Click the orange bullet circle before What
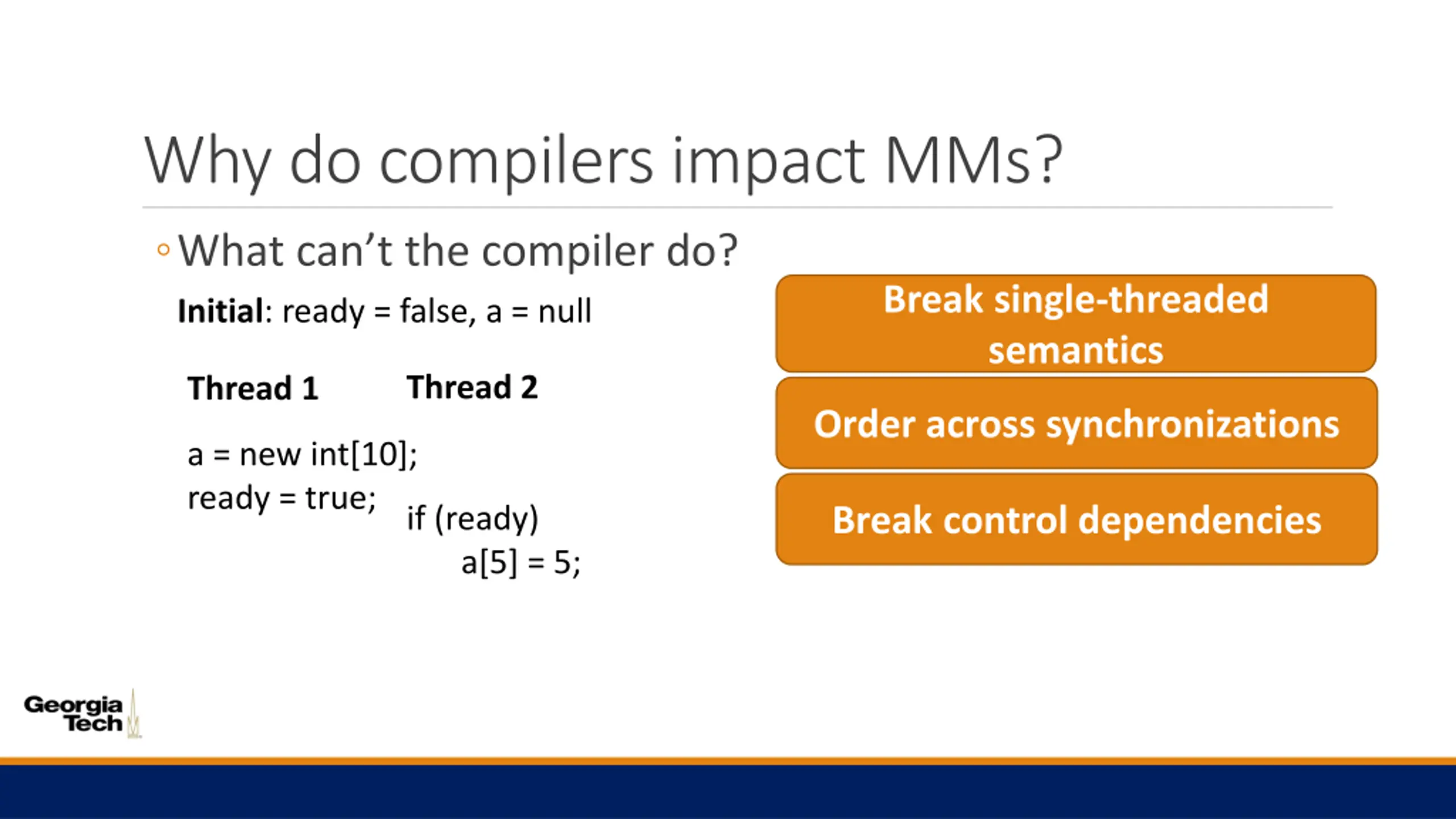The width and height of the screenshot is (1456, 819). [163, 250]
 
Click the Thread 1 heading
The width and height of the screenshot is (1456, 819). [253, 388]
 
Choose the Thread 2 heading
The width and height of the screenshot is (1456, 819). [472, 387]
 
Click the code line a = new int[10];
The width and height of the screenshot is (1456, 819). [303, 454]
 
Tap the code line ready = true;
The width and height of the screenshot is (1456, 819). [282, 499]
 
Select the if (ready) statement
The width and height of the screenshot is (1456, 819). [473, 519]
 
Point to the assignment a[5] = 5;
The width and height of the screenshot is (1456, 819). [521, 563]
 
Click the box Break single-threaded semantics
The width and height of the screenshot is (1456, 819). [1076, 324]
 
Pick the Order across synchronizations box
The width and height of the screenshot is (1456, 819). [1077, 423]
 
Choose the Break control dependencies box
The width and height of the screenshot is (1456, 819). [1077, 519]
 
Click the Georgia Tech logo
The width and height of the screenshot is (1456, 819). [83, 714]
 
